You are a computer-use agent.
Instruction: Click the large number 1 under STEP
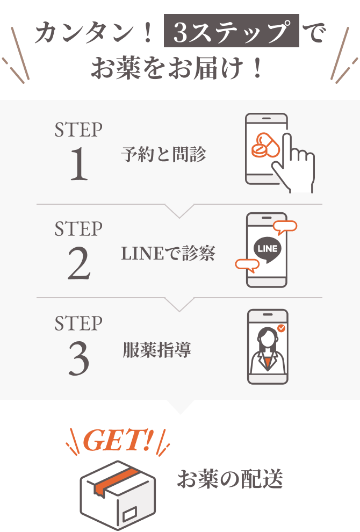click(x=78, y=164)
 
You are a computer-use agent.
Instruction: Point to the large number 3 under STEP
click(x=78, y=359)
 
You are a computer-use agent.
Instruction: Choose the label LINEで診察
click(x=168, y=253)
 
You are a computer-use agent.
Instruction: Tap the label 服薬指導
click(x=156, y=350)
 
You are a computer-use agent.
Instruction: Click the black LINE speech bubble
click(x=267, y=249)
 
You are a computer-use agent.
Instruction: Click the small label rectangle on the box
click(x=129, y=515)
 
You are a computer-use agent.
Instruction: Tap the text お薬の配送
click(x=230, y=479)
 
